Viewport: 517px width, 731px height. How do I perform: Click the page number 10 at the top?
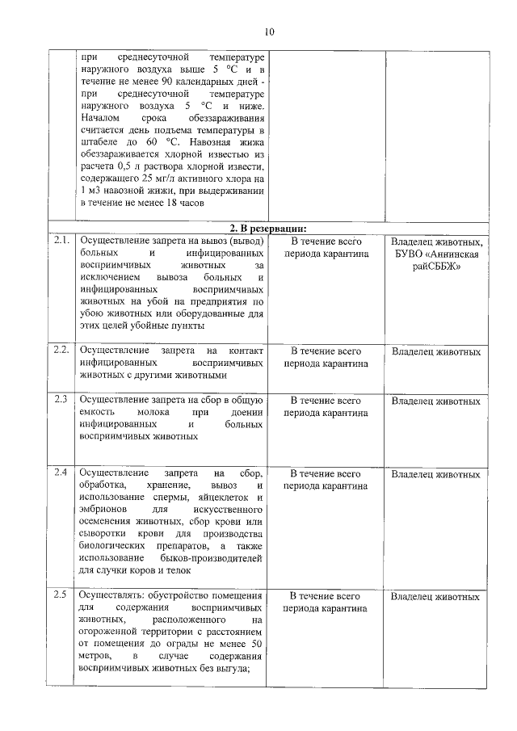(269, 32)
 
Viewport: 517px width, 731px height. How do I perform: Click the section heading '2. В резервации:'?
(269, 228)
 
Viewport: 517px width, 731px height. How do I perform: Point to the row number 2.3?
(60, 401)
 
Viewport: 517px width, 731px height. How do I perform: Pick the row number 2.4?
(60, 472)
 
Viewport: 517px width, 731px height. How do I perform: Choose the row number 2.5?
(60, 596)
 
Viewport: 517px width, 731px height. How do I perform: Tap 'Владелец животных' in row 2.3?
(436, 401)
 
